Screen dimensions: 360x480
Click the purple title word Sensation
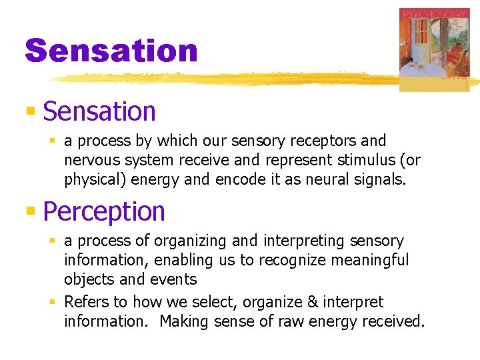point(111,51)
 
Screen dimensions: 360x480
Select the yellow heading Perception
point(104,211)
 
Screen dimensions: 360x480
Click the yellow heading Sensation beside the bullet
point(99,111)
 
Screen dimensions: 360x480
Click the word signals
point(381,179)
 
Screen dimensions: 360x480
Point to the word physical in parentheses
point(91,179)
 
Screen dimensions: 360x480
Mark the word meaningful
point(372,260)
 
